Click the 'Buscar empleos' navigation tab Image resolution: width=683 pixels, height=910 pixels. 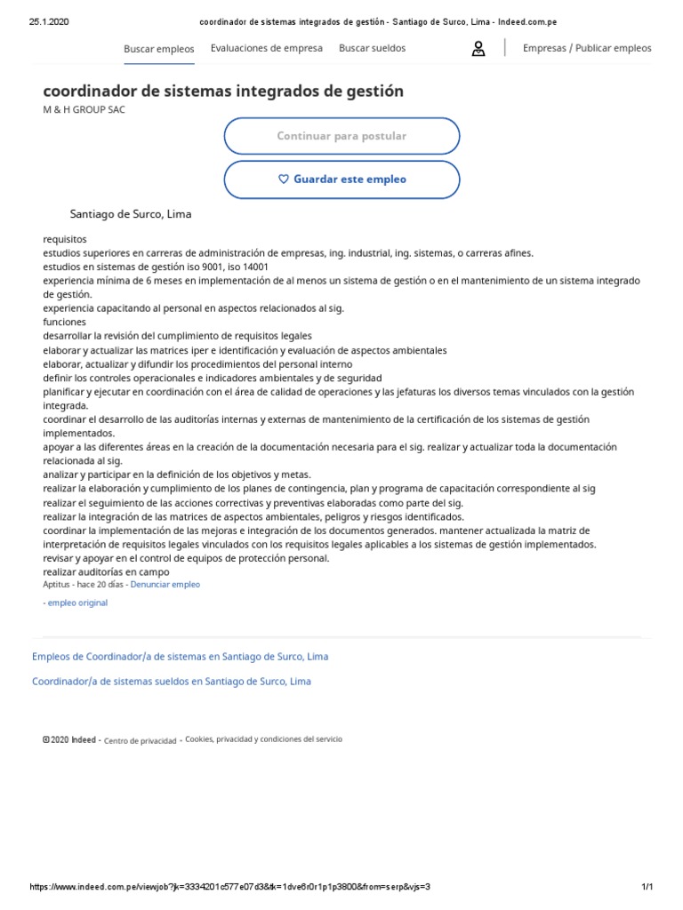[x=158, y=49]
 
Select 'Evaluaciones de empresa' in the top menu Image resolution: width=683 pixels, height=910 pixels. [x=267, y=48]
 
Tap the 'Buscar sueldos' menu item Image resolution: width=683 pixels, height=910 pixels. [x=372, y=48]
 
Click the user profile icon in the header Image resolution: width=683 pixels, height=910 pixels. [x=478, y=49]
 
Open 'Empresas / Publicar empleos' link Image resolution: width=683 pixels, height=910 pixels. [x=587, y=48]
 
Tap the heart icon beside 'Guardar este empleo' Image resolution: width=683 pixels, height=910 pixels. [x=284, y=180]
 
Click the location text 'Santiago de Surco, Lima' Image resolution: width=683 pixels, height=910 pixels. [x=131, y=214]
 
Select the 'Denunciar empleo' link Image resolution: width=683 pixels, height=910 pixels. [x=165, y=585]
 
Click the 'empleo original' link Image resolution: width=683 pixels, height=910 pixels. [x=76, y=603]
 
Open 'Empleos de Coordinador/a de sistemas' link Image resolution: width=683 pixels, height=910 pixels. [x=180, y=657]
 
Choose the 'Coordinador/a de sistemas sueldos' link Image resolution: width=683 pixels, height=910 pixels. [x=172, y=682]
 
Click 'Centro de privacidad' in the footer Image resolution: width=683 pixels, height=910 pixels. [x=140, y=740]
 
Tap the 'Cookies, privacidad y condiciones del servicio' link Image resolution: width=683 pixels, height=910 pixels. [x=263, y=739]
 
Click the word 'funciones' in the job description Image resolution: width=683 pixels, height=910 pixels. [x=65, y=322]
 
